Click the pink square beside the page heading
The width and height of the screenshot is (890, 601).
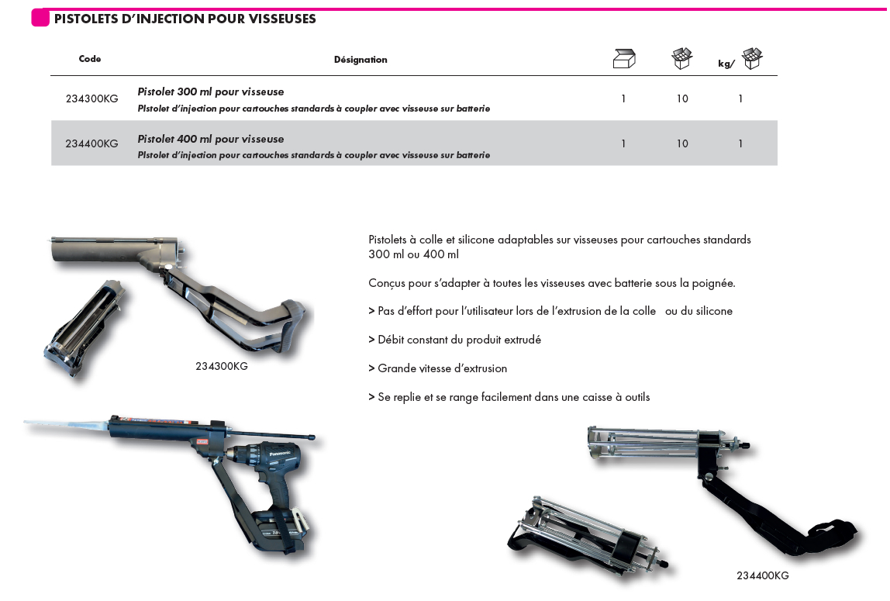pos(40,18)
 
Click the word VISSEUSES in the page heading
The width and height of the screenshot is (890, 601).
pos(282,19)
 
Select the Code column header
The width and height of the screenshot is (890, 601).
pos(90,59)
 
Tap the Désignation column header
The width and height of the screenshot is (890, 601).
pos(360,60)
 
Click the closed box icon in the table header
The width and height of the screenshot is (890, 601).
pos(623,58)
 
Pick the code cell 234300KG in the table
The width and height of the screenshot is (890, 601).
pos(92,99)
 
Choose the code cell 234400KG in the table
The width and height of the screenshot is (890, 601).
pos(92,143)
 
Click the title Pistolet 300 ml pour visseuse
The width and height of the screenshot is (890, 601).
pos(211,92)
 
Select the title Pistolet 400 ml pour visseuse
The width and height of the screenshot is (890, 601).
pos(211,139)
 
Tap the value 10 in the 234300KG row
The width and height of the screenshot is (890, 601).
pos(682,99)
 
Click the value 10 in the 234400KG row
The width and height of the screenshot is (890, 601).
pos(682,143)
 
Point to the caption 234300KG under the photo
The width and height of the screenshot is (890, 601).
pos(222,366)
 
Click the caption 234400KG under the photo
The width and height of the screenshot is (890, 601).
pos(763,575)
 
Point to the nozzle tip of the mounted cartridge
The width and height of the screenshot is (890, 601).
pos(31,423)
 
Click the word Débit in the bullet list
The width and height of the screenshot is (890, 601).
pos(393,340)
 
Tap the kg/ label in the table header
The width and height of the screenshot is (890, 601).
pos(726,64)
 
